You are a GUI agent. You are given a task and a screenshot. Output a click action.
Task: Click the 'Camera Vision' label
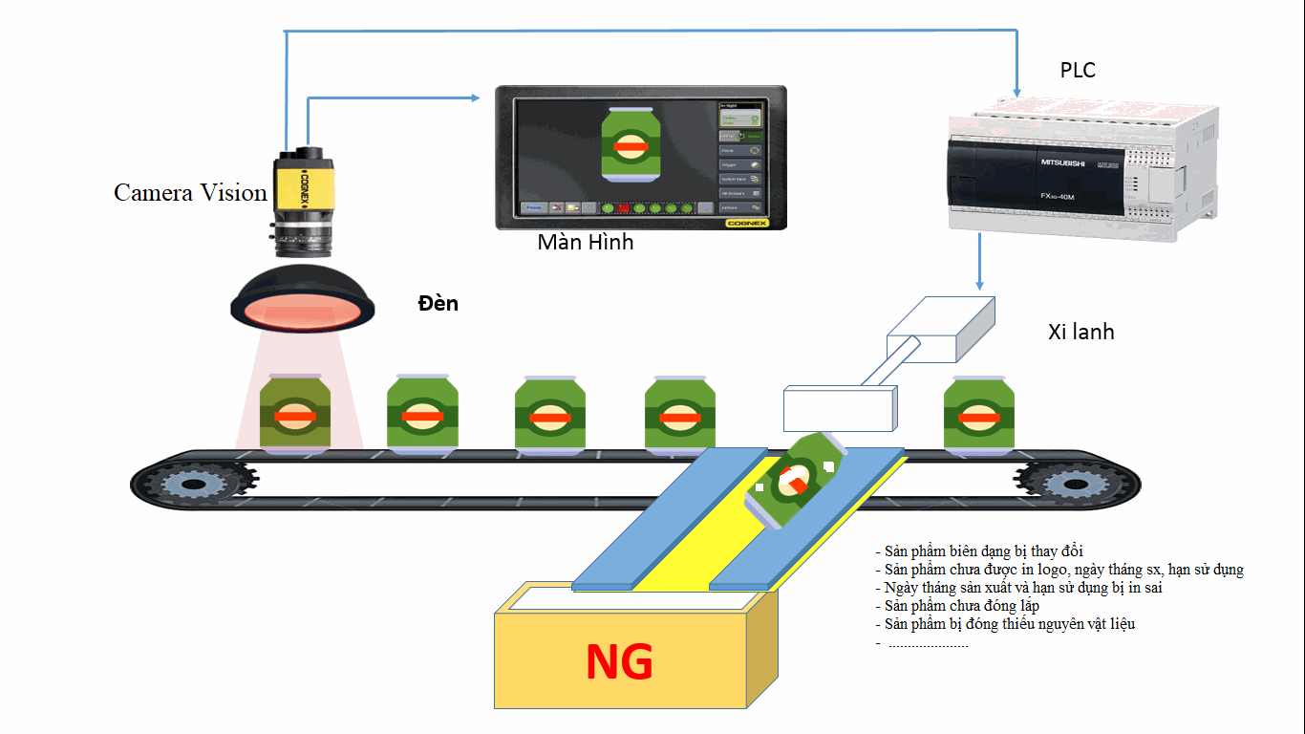coord(190,193)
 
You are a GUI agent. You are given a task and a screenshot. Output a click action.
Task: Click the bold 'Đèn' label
coord(439,304)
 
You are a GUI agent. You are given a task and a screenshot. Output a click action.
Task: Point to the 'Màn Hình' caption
coord(586,242)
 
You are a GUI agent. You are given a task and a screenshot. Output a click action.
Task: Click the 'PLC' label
coord(1078,70)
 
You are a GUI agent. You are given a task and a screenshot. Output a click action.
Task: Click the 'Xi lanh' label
coord(1080,333)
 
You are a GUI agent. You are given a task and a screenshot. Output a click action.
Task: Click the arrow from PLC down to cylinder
coord(979,263)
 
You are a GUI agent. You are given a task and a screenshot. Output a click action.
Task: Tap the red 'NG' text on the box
coord(619,662)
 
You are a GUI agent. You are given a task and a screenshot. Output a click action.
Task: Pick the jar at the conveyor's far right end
coord(978,414)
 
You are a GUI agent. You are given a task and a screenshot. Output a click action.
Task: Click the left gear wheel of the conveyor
coord(188,484)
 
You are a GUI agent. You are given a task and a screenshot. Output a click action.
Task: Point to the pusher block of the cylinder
coord(841,408)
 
